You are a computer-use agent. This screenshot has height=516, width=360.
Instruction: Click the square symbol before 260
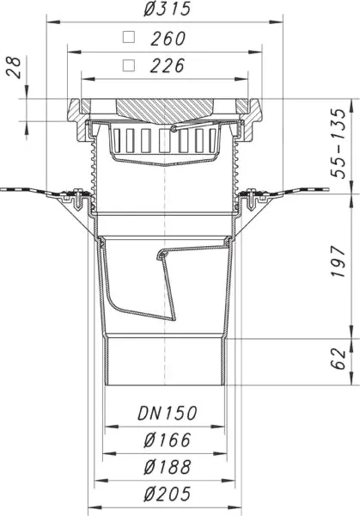(129, 38)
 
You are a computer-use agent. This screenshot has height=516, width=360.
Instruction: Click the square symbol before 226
(129, 64)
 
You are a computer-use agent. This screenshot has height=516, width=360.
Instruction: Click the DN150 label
(168, 414)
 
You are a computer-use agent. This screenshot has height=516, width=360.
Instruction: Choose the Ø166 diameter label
(168, 441)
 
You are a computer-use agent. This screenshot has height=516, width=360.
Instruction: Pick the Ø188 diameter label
(168, 468)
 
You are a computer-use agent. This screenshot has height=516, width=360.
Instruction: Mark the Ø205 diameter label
(168, 494)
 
